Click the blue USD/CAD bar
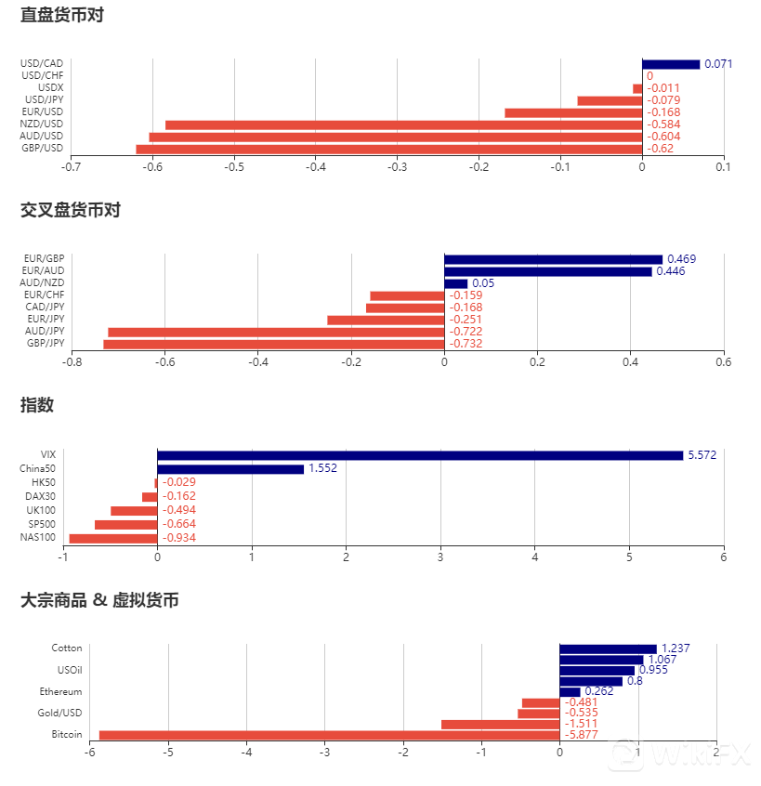pyautogui.click(x=670, y=64)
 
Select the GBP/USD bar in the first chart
pyautogui.click(x=388, y=149)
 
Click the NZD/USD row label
pyautogui.click(x=43, y=124)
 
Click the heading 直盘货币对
pyautogui.click(x=61, y=16)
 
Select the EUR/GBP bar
pyautogui.click(x=553, y=259)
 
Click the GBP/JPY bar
pyautogui.click(x=273, y=344)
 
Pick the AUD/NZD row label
pyautogui.click(x=43, y=282)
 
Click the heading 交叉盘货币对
pyautogui.click(x=71, y=210)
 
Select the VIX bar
pyautogui.click(x=420, y=455)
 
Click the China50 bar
pyautogui.click(x=230, y=469)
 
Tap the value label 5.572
pyautogui.click(x=702, y=455)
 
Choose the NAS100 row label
pyautogui.click(x=38, y=537)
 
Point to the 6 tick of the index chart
pyautogui.click(x=723, y=557)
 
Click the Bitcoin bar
pyautogui.click(x=329, y=735)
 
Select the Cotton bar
pyautogui.click(x=608, y=648)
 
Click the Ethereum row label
pyautogui.click(x=60, y=691)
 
